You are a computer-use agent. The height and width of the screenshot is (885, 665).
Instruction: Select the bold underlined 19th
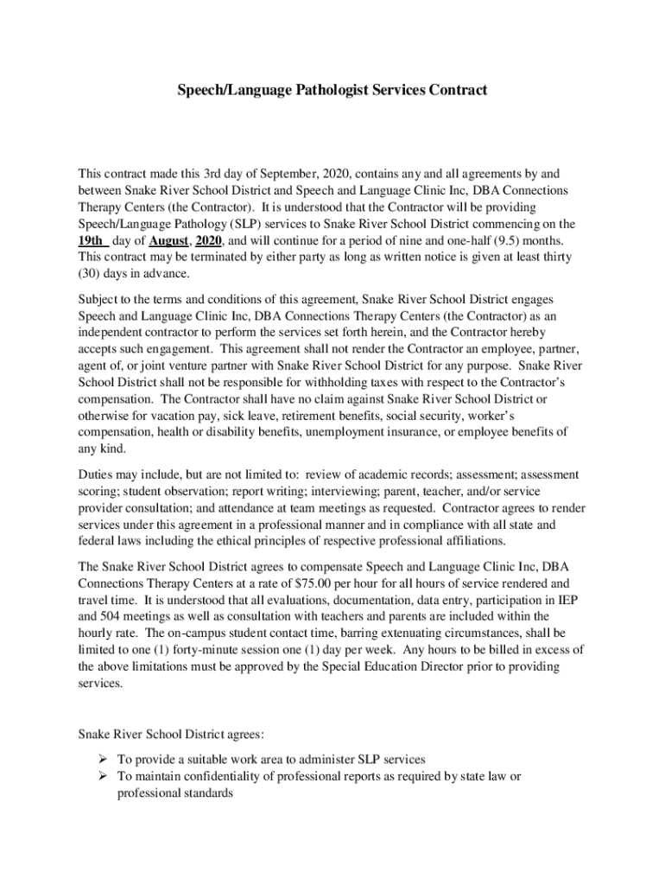click(91, 240)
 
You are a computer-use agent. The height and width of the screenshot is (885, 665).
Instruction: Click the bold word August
click(166, 240)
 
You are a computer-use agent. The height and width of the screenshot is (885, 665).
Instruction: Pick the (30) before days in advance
click(91, 274)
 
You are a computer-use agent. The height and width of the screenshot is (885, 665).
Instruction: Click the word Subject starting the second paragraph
click(100, 299)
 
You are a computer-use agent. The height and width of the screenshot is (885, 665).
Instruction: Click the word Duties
click(98, 474)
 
